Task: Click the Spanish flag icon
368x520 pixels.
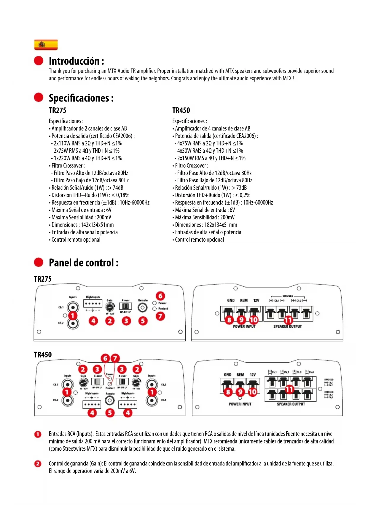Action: (x=46, y=45)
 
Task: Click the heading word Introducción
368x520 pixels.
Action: (x=74, y=61)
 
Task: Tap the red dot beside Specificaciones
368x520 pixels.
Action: (x=39, y=97)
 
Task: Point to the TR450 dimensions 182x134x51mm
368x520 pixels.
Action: (x=221, y=225)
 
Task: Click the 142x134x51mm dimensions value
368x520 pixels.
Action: (x=97, y=225)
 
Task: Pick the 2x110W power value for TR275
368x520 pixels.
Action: (x=67, y=143)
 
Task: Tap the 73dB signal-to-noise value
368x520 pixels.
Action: (x=241, y=188)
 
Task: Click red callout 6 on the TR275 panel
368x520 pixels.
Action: (x=160, y=296)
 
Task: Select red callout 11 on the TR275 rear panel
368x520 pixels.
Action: (x=288, y=320)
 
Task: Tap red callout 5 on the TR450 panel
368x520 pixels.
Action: (x=110, y=413)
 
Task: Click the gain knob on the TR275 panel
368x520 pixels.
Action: (x=110, y=307)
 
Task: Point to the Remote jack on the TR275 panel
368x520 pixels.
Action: (x=143, y=308)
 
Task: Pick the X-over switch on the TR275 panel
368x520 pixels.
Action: (x=126, y=306)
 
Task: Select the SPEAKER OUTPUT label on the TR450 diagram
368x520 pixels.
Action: (x=291, y=404)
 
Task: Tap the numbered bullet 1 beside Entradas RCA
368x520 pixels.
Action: (x=38, y=434)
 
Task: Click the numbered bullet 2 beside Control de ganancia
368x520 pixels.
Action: (x=38, y=464)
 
